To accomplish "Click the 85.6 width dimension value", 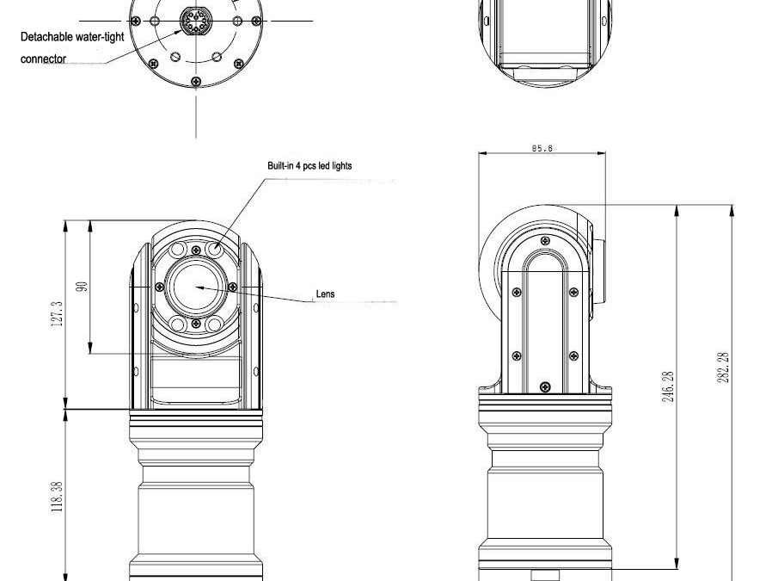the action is coord(542,148).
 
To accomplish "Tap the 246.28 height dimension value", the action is coord(668,386).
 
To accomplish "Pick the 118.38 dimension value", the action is coord(57,498).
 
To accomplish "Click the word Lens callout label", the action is coord(326,294).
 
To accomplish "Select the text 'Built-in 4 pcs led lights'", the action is coord(309,166).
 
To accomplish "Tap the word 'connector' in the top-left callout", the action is coord(43,59).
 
